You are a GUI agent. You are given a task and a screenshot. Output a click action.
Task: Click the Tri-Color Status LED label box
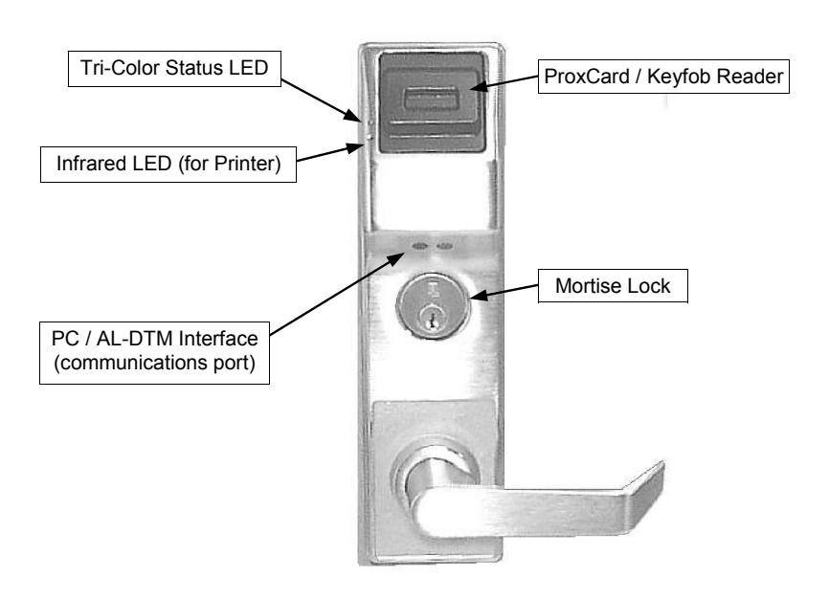[x=174, y=69]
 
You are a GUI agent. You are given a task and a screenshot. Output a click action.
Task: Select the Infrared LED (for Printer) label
[x=168, y=165]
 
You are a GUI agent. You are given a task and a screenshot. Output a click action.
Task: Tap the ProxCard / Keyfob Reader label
[x=663, y=77]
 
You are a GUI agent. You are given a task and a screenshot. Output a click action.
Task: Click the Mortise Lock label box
[x=613, y=286]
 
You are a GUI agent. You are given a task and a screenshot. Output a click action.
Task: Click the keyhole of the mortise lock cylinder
[x=433, y=319]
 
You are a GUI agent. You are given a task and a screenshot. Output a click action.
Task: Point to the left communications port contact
[x=420, y=246]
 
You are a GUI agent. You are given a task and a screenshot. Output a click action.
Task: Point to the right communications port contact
[x=445, y=246]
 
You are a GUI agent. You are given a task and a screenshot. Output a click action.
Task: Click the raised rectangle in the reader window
[x=430, y=100]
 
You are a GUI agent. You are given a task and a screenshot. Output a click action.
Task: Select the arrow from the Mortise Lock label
[x=504, y=291]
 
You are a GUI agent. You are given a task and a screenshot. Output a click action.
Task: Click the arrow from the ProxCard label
[x=504, y=82]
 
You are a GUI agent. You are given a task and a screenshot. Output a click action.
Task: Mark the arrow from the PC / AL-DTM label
[x=338, y=294]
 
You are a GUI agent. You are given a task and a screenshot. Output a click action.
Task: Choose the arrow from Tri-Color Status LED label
[x=321, y=100]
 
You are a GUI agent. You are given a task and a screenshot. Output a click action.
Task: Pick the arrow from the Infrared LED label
[x=330, y=153]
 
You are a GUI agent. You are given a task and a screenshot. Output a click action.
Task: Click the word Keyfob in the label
[x=679, y=77]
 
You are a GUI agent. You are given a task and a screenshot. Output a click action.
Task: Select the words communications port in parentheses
[x=154, y=364]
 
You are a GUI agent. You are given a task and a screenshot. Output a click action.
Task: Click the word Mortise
[x=589, y=286]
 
